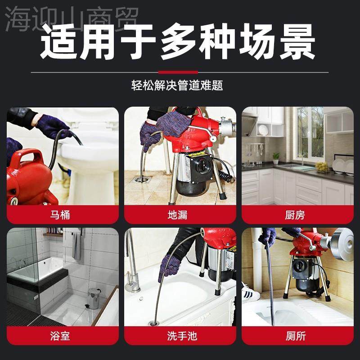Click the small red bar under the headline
178,72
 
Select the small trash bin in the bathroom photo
94,298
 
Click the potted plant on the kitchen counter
276,158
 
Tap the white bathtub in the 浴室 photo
36,270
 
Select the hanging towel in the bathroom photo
77,245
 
